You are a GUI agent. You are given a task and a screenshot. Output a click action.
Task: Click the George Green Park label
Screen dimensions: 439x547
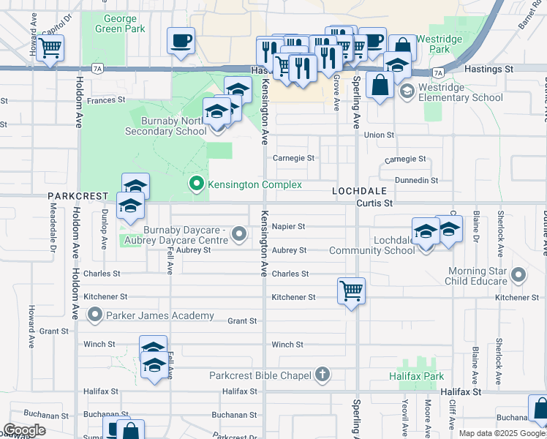pos(119,23)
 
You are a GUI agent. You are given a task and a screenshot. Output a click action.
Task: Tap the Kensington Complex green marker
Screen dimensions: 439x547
pos(195,184)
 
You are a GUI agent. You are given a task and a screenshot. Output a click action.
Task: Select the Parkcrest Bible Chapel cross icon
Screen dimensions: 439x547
pos(322,375)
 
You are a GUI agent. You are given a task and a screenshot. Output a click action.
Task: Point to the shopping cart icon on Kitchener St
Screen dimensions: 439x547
pos(352,291)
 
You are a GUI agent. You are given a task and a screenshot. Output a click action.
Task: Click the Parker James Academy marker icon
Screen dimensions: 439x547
pos(95,315)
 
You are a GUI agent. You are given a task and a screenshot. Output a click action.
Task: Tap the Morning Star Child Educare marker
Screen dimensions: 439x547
pos(518,276)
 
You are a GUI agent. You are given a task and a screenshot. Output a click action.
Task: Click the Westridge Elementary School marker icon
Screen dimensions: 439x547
pos(407,91)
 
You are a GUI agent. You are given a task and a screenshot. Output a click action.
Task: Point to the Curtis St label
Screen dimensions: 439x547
pos(375,203)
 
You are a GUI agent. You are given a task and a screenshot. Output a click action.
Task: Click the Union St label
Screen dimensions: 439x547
pos(379,135)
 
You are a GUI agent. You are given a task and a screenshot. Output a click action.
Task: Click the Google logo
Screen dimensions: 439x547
pos(24,430)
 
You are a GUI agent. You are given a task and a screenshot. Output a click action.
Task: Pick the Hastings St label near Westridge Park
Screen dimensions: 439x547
pos(488,69)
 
